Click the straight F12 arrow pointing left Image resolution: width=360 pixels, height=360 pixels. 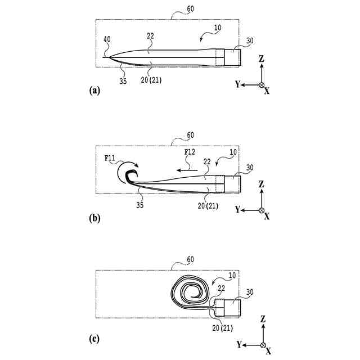click(x=185, y=168)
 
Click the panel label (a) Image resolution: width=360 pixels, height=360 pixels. click(x=94, y=90)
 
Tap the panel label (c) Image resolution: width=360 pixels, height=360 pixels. click(x=94, y=339)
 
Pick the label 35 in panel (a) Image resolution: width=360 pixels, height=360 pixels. click(x=123, y=80)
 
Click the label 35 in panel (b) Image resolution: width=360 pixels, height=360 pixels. click(x=139, y=205)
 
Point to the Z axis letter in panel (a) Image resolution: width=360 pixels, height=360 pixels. click(x=262, y=58)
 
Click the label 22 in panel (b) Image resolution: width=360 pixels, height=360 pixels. click(x=207, y=161)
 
